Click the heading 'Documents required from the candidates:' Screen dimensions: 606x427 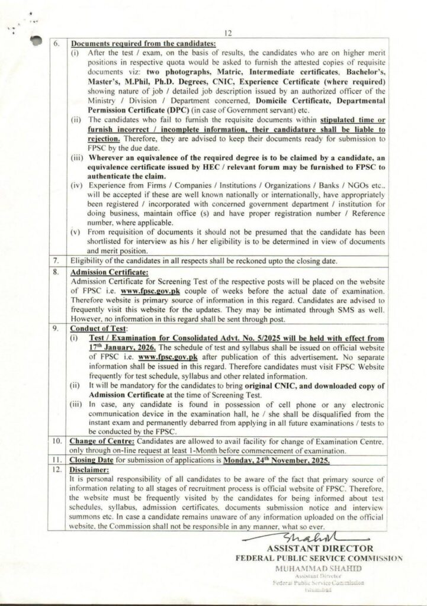point(143,43)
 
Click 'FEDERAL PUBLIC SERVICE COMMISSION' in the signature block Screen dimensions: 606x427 point(319,557)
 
